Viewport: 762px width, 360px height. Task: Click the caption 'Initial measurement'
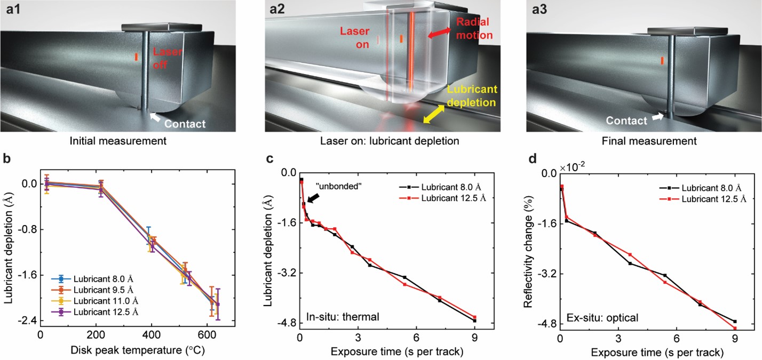pyautogui.click(x=118, y=141)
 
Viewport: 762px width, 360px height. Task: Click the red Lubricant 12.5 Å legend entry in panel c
pyautogui.click(x=448, y=198)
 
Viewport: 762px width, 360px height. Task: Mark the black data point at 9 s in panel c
pyautogui.click(x=474, y=321)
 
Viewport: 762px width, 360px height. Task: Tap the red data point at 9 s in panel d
pyautogui.click(x=735, y=328)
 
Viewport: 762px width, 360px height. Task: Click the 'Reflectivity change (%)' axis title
pyautogui.click(x=528, y=249)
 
